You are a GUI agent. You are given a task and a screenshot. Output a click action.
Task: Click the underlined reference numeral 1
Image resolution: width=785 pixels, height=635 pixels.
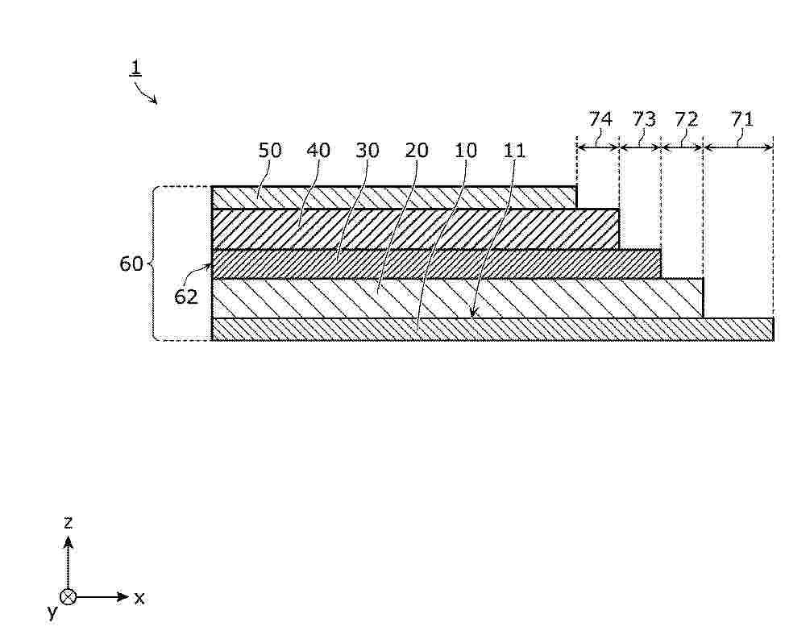[x=135, y=68]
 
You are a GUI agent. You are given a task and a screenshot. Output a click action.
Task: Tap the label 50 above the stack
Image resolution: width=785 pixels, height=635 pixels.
[x=270, y=150]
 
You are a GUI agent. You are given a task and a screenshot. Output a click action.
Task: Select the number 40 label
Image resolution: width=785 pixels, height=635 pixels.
[x=318, y=150]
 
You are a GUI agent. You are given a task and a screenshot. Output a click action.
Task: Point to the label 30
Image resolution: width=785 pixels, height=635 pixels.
[x=368, y=150]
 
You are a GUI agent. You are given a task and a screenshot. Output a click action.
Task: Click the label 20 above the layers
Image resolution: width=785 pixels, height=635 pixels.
[x=417, y=150]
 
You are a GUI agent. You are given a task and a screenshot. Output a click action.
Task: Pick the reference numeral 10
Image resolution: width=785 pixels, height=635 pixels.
[x=465, y=150]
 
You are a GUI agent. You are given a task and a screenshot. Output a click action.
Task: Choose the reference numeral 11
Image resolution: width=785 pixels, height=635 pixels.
[x=513, y=150]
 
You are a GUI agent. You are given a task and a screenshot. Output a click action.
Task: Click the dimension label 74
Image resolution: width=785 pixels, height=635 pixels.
[x=600, y=119]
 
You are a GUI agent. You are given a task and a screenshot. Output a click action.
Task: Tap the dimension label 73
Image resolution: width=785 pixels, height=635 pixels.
[x=643, y=119]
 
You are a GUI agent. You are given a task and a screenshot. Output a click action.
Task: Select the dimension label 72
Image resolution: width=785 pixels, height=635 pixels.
[x=687, y=119]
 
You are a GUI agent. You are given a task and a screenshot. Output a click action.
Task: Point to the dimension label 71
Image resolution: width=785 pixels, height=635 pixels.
[x=742, y=119]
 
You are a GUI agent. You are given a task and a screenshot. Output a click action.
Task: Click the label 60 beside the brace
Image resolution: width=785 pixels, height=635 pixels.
[x=131, y=264]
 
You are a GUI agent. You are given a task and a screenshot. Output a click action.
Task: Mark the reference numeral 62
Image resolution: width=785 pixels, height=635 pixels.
[x=186, y=297]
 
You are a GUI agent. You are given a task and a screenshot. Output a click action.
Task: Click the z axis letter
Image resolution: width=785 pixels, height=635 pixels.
[x=68, y=522]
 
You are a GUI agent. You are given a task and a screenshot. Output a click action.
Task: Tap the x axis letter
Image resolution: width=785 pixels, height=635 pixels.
[x=139, y=597]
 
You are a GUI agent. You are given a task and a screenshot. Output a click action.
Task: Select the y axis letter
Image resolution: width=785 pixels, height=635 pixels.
[x=52, y=611]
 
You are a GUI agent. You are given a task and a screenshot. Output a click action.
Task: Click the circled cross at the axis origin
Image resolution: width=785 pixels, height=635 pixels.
[x=68, y=597]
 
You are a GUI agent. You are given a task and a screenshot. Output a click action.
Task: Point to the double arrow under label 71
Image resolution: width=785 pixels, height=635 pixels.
[x=738, y=147]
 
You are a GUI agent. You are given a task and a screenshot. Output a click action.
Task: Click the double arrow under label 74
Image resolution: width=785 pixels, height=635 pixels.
[x=598, y=147]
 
